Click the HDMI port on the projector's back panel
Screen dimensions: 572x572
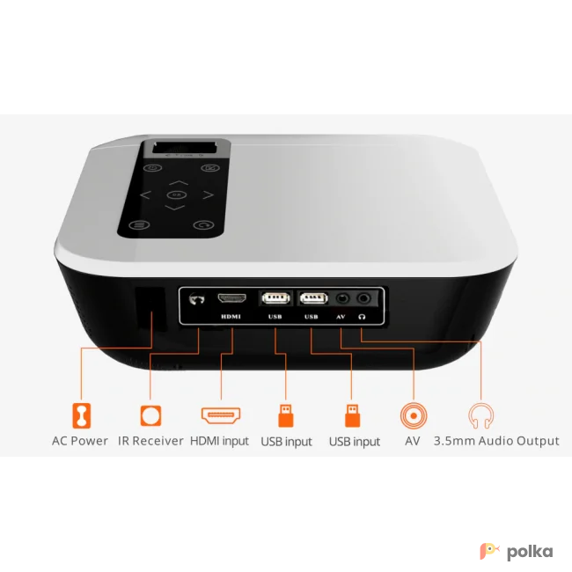231,298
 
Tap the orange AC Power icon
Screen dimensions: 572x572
81,415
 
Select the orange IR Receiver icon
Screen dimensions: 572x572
150,415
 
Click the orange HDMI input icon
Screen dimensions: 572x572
221,415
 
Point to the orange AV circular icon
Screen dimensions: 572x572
414,415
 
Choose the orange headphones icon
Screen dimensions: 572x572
481,416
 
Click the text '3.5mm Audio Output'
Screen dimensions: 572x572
496,441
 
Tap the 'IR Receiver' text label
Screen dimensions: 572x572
150,441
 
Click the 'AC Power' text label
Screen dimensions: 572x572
80,441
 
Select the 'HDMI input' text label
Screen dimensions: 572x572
219,442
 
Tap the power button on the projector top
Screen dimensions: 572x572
153,168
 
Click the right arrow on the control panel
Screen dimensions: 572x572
209,195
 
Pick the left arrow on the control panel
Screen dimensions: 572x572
145,195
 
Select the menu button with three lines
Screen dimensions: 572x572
139,224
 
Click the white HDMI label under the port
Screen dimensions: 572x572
231,317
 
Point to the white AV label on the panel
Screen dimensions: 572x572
341,317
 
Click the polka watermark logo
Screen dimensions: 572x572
517,551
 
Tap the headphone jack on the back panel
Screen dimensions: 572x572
363,299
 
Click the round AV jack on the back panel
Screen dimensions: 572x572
342,299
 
